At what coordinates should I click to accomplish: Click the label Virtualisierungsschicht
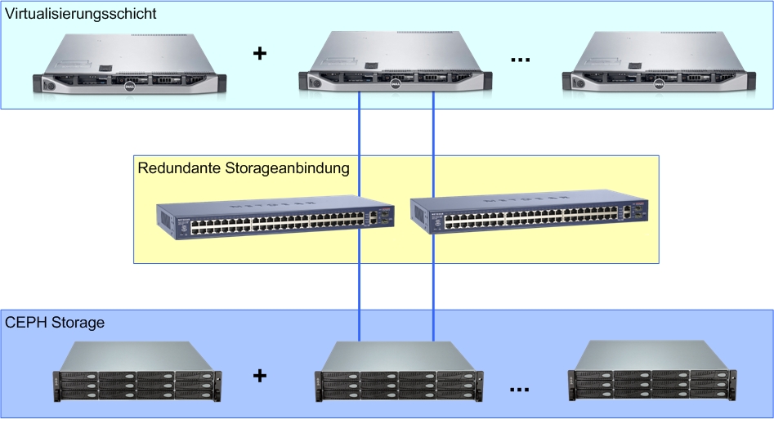point(80,14)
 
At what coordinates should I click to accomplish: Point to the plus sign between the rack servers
point(260,54)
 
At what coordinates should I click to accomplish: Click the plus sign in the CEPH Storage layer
point(260,376)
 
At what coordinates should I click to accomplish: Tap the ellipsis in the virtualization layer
point(520,60)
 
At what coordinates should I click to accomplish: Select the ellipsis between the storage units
point(520,391)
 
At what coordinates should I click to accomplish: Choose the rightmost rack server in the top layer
point(660,65)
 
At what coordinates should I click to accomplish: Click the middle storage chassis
point(399,372)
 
